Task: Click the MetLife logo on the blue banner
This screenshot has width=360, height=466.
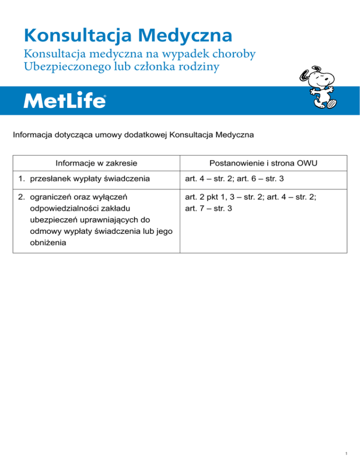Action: coord(65,100)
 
